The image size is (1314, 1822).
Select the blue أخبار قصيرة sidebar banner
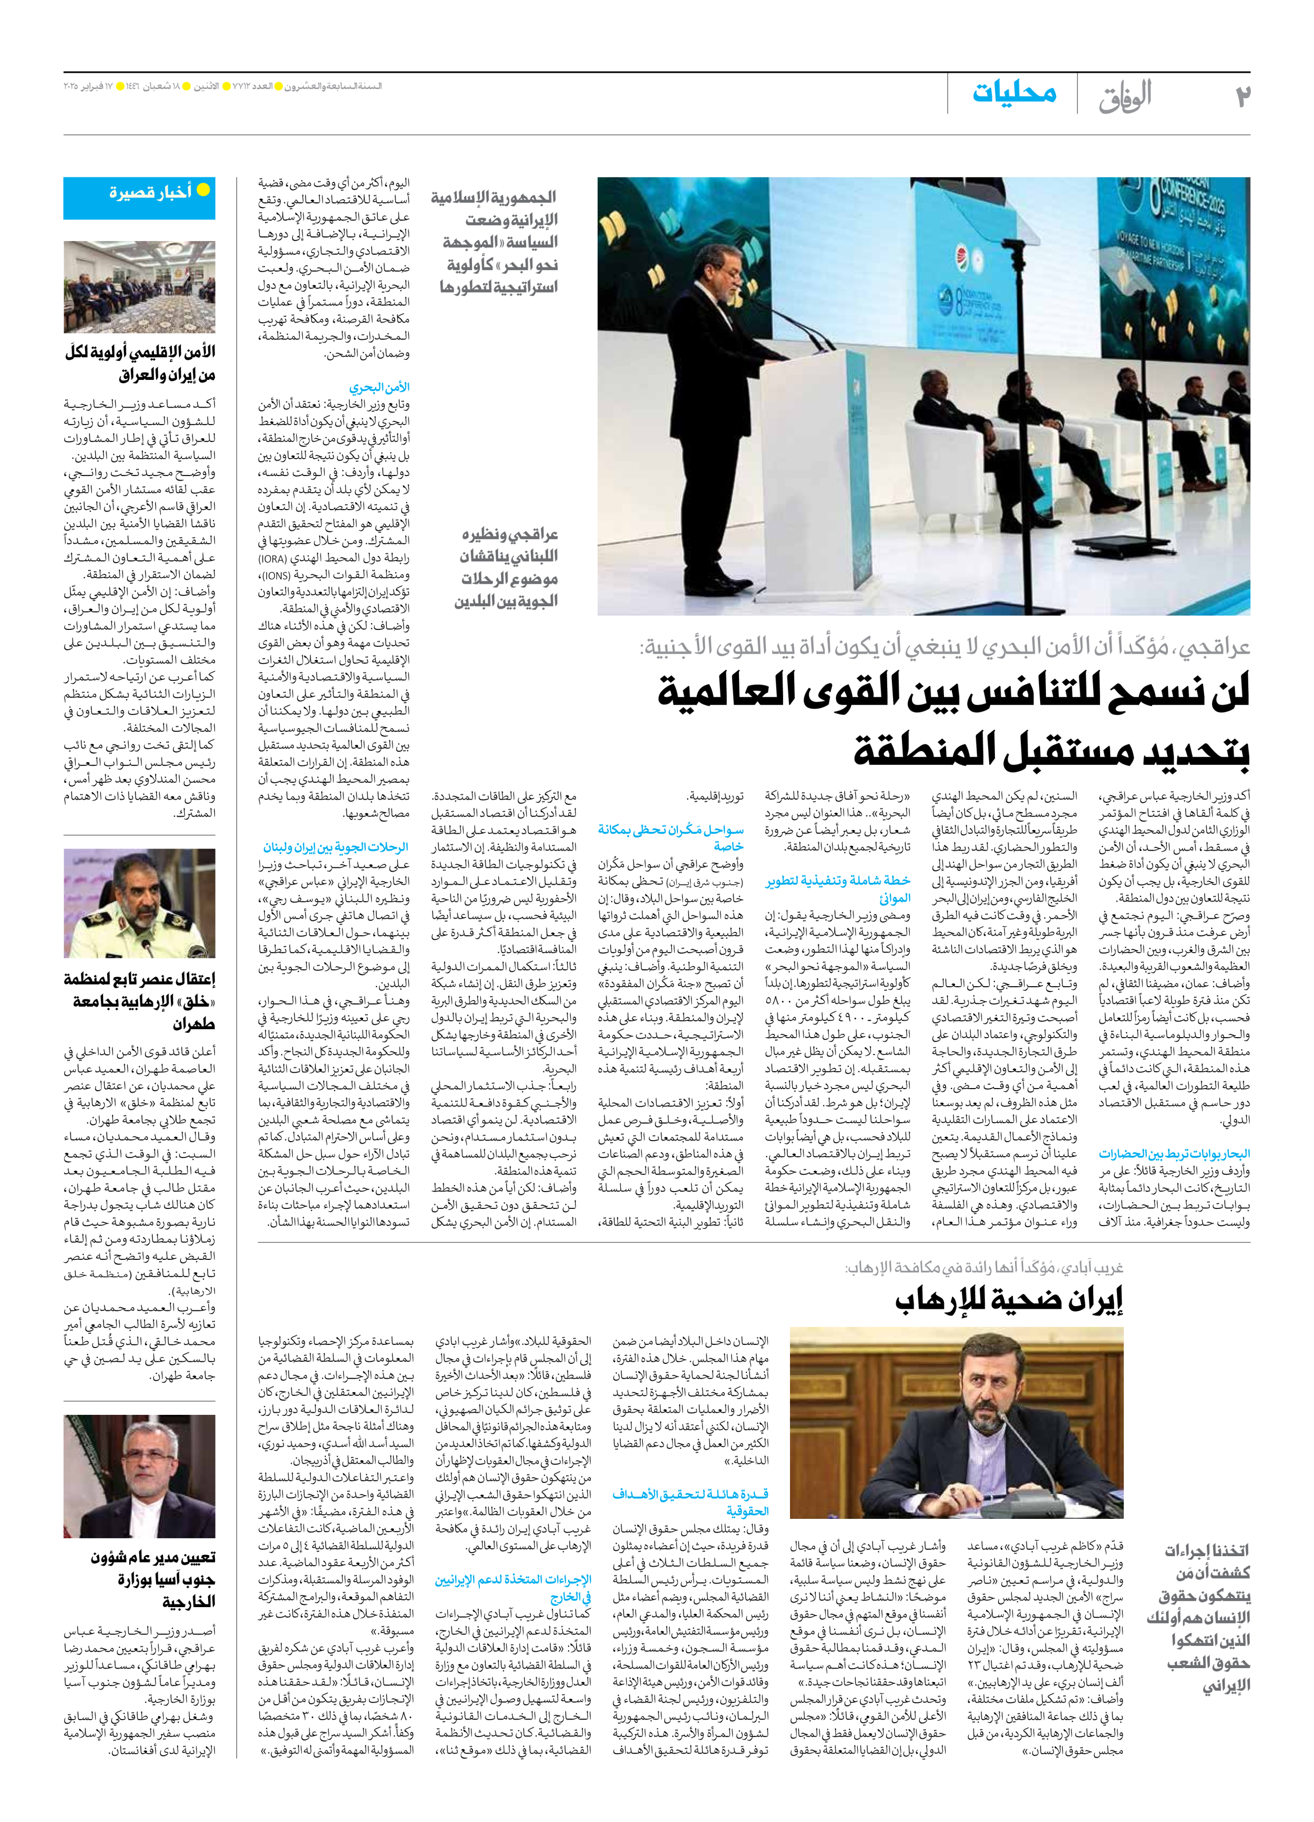point(140,198)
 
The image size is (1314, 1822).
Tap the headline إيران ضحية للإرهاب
point(1009,1300)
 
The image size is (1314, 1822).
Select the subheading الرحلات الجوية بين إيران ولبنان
point(335,847)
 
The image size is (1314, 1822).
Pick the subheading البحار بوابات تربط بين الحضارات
point(1174,1154)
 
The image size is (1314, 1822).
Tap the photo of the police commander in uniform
point(140,903)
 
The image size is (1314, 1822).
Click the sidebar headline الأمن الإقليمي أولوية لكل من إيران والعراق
point(140,363)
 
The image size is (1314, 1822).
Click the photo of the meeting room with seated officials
point(140,287)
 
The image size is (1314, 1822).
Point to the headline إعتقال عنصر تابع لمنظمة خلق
point(140,1001)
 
